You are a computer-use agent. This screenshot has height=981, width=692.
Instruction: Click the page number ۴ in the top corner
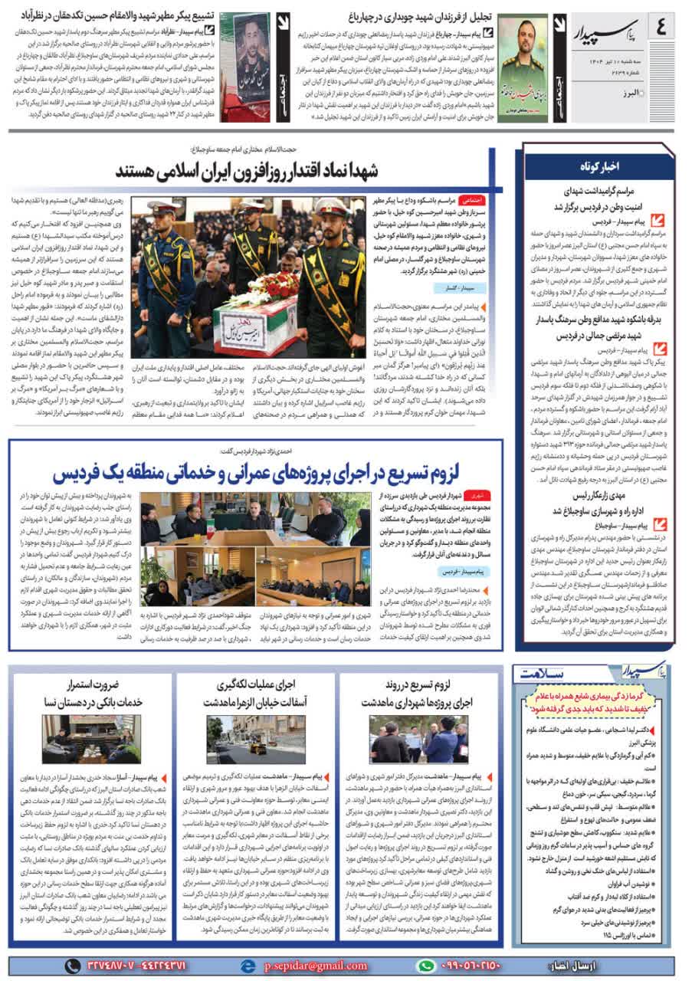pyautogui.click(x=661, y=30)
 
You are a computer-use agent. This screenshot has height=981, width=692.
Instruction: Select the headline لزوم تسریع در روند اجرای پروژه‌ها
pyautogui.click(x=418, y=692)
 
